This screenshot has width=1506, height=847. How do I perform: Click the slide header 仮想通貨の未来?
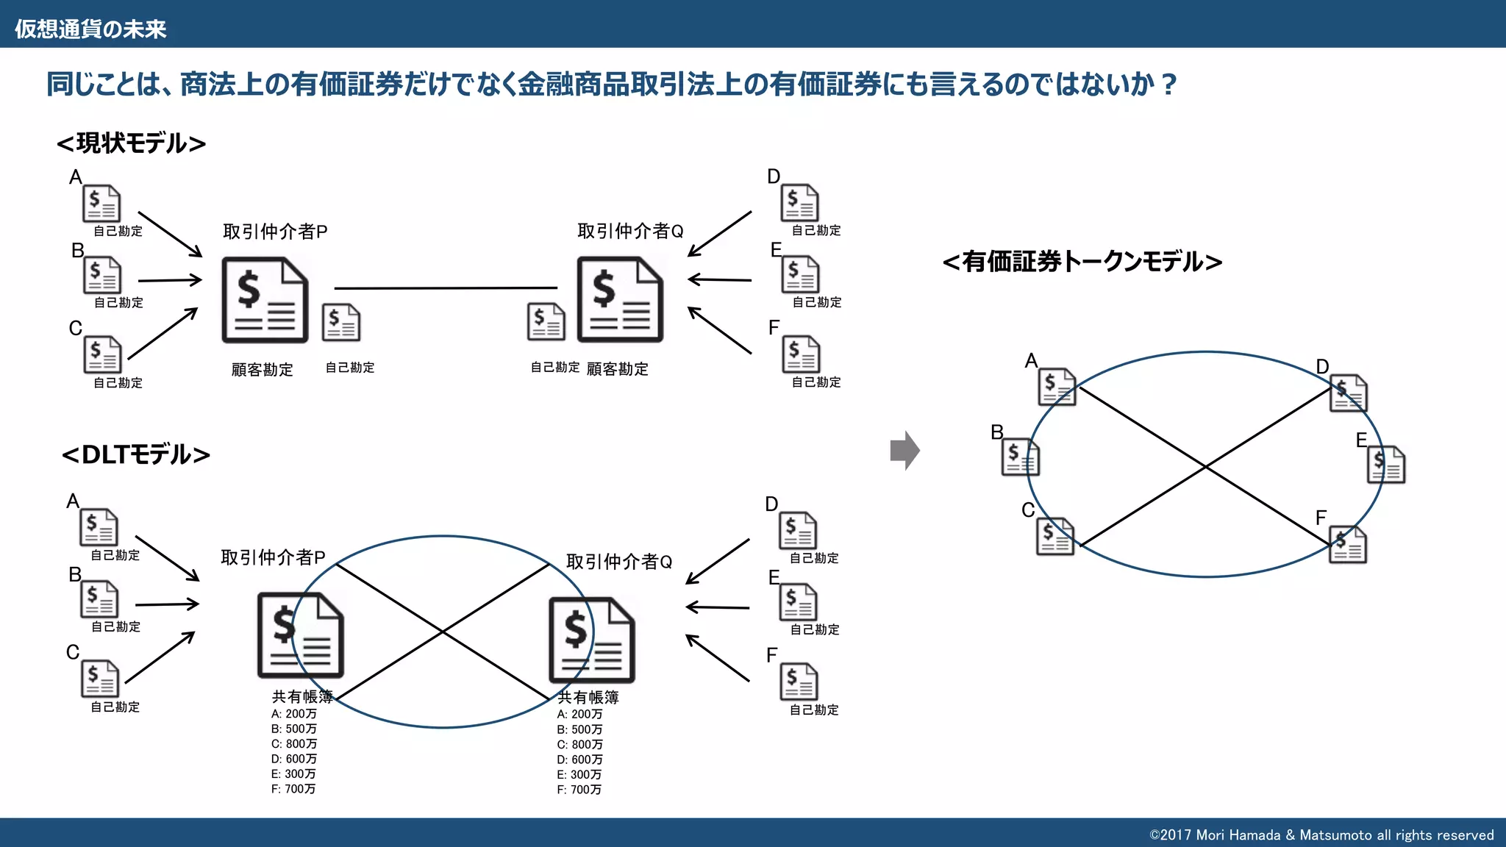(90, 29)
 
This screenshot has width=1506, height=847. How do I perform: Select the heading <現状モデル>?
(132, 143)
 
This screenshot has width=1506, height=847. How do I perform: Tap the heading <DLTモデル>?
(136, 454)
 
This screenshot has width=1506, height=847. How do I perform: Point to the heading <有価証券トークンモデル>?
(1082, 262)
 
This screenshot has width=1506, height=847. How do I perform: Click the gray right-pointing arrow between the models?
(904, 450)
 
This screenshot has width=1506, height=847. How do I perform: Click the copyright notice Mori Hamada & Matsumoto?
(1321, 835)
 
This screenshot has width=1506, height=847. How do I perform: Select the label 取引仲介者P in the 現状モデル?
(275, 232)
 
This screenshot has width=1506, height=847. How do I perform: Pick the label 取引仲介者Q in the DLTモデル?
(619, 562)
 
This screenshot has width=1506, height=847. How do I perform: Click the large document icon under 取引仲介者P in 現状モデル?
(265, 299)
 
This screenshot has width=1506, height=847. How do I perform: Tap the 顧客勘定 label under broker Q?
(618, 369)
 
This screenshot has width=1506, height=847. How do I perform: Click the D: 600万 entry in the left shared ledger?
(293, 759)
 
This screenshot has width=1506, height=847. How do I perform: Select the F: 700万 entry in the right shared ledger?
(579, 790)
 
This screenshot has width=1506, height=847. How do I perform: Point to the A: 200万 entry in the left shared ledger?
(293, 714)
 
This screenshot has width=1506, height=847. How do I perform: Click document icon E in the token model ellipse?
(1385, 465)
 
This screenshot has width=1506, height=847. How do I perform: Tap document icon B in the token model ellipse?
(1021, 457)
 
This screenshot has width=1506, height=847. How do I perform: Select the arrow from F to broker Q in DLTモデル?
(718, 658)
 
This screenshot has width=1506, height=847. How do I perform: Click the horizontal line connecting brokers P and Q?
(446, 288)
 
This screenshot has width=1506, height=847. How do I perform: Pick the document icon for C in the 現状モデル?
(102, 354)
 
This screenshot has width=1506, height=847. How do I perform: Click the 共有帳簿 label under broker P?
(302, 696)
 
